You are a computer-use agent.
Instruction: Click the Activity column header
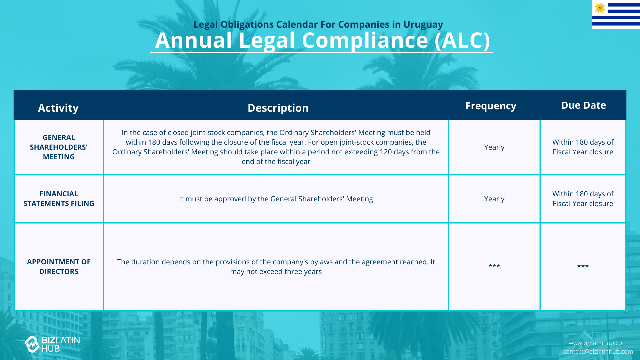click(58, 108)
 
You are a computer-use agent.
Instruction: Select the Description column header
click(278, 108)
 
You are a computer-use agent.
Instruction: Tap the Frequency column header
click(491, 106)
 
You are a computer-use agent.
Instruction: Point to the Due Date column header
click(583, 105)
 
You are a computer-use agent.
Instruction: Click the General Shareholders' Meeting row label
click(59, 147)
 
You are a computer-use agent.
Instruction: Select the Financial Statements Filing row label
click(59, 199)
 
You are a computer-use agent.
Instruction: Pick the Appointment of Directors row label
click(59, 267)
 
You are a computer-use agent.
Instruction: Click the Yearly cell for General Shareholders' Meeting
click(494, 147)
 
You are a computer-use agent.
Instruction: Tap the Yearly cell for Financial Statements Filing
click(494, 199)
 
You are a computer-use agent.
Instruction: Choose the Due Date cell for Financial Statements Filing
click(583, 199)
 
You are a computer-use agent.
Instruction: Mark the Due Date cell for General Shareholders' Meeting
click(583, 147)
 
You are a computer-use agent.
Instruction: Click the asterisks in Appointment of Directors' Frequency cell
click(494, 266)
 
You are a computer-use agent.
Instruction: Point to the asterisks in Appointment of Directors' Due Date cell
click(583, 266)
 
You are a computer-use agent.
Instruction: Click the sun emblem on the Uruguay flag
click(600, 8)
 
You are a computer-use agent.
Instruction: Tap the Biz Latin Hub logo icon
click(32, 344)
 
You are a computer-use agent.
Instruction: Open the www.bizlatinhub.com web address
click(598, 343)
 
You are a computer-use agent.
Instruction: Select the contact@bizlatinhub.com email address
click(598, 352)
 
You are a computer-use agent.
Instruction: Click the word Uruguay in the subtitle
click(423, 25)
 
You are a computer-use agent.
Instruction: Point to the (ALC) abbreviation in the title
click(462, 40)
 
